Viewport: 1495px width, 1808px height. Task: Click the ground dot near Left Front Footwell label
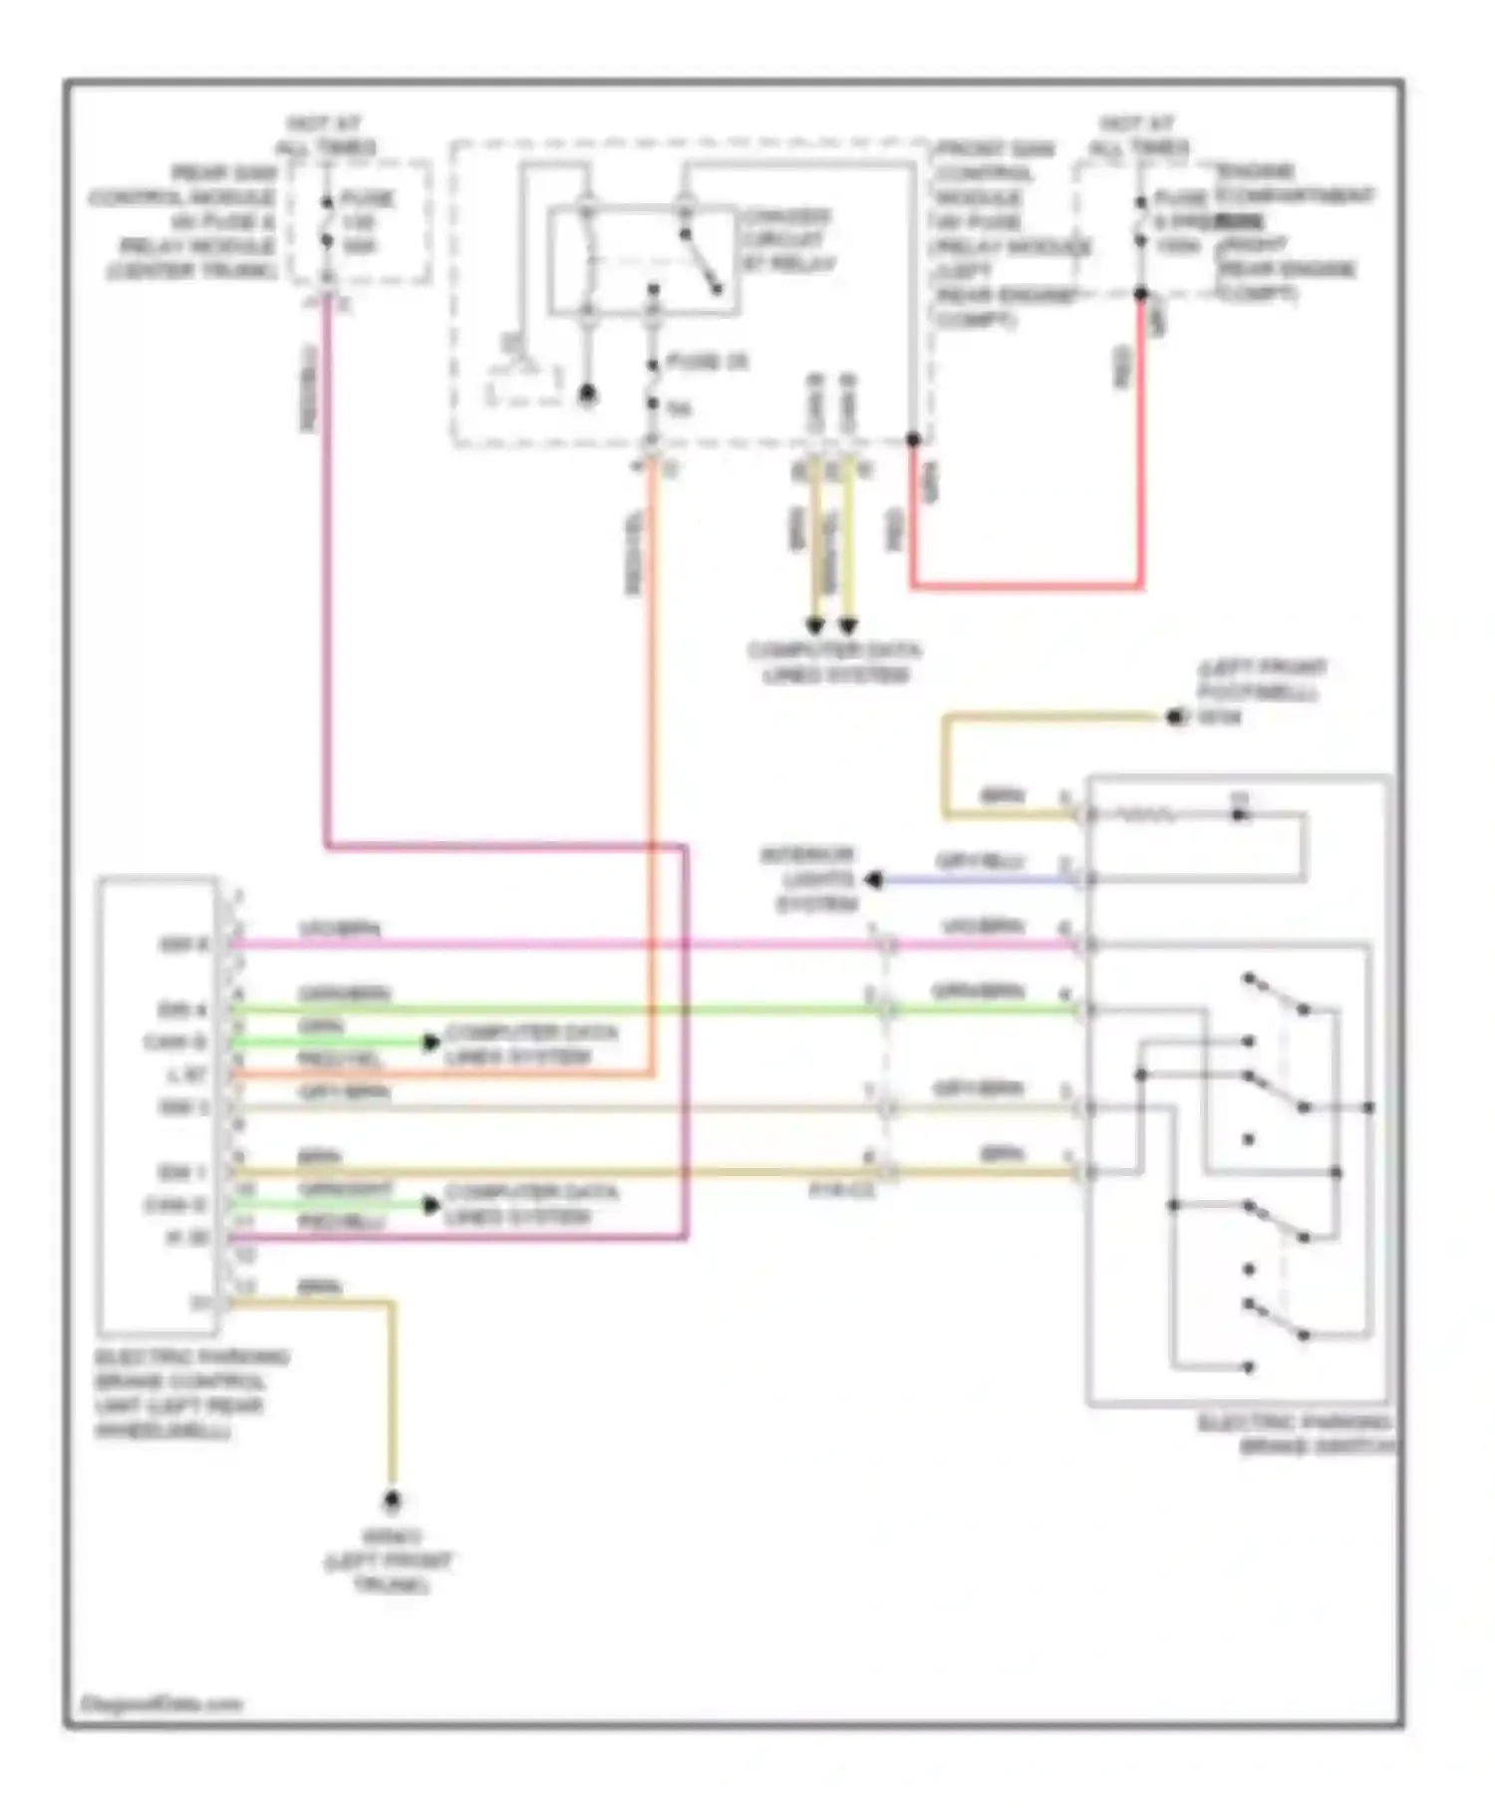[x=1177, y=717]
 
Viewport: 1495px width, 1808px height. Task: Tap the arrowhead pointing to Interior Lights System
[x=874, y=880]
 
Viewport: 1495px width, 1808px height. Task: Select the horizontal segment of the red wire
[x=1027, y=586]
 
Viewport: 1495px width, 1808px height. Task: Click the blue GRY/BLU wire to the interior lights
[x=982, y=880]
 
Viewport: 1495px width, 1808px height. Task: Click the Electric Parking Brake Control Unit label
[x=190, y=1393]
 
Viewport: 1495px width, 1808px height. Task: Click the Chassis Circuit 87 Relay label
[x=787, y=239]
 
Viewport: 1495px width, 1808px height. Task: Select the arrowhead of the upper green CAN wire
[x=431, y=1043]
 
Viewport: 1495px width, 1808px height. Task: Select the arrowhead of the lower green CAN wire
[x=431, y=1205]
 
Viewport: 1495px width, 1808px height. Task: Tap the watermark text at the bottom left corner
[x=159, y=1703]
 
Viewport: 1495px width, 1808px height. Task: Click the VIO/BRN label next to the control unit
[x=339, y=929]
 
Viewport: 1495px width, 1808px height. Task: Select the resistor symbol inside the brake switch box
[x=1146, y=815]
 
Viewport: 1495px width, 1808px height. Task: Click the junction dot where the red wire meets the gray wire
[x=912, y=440]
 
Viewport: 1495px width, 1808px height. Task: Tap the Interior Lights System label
[x=809, y=880]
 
